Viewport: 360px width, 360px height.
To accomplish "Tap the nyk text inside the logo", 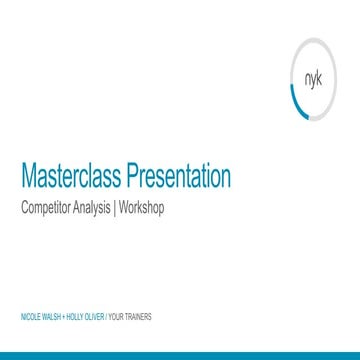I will tap(312, 86).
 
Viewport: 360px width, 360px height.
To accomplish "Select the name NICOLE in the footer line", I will tap(29, 316).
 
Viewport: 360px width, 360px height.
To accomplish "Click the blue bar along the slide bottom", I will tap(180, 355).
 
